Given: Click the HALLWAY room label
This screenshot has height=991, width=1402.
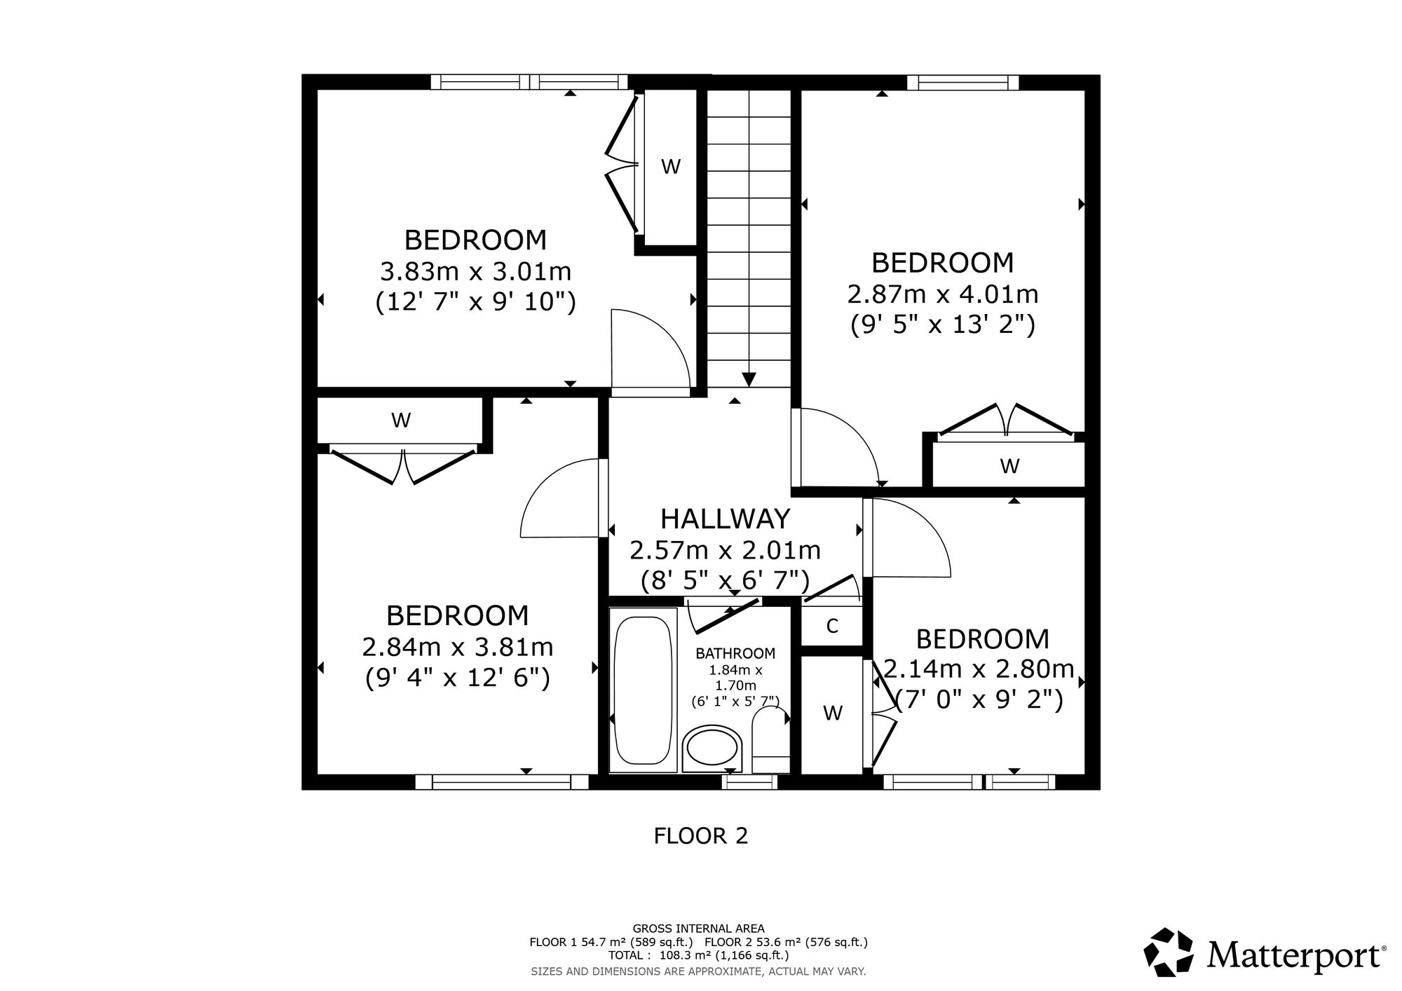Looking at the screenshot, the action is (725, 519).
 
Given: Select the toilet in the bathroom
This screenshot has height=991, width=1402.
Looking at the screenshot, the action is (770, 741).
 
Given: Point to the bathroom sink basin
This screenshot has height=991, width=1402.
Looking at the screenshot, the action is (712, 749).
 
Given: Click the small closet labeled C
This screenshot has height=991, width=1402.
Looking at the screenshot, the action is (831, 626).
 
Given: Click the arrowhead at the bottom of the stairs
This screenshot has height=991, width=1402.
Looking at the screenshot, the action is (749, 379).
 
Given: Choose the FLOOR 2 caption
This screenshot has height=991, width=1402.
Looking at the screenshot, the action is (701, 835).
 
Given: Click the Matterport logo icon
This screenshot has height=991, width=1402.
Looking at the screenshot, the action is (1169, 951).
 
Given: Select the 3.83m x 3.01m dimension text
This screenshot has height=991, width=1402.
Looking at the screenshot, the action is (475, 271).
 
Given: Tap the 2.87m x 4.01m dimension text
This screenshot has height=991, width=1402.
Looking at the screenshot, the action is (943, 294).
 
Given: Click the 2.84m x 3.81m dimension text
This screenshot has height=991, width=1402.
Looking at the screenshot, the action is (458, 647).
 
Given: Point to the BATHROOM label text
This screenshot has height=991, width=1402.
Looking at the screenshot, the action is (735, 654).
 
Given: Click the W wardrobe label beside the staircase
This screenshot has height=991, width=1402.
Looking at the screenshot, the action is (671, 167).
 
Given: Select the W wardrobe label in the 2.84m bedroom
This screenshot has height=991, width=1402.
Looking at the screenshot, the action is (401, 421).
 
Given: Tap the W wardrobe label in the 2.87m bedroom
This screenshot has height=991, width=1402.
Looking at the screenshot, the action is (1009, 465).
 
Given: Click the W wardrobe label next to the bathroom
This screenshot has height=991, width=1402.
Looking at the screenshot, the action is (832, 713).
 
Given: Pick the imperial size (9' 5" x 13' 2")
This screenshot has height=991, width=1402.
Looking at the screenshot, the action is (943, 324).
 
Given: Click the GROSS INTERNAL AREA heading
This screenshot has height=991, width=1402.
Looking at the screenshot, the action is (699, 929).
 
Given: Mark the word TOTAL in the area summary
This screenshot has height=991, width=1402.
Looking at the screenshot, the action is (626, 955).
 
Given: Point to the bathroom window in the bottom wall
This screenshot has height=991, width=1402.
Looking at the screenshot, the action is (749, 782).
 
